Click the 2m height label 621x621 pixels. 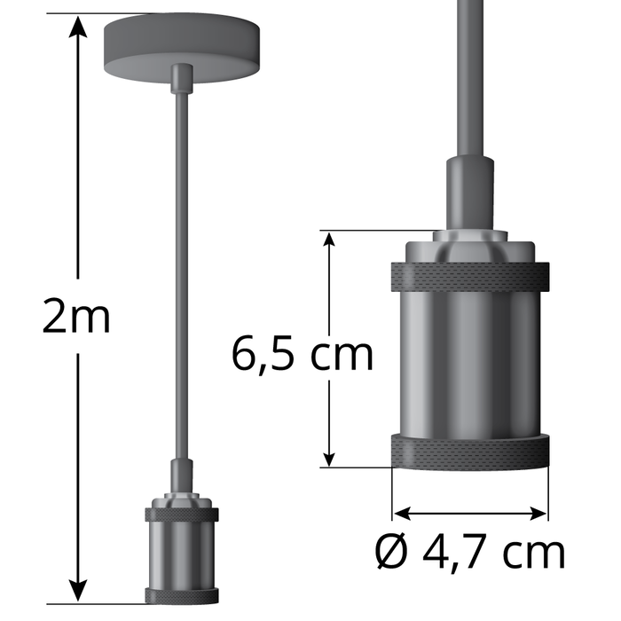pyautogui.click(x=77, y=318)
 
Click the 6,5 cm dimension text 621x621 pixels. pyautogui.click(x=302, y=354)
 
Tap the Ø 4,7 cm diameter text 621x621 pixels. pyautogui.click(x=470, y=552)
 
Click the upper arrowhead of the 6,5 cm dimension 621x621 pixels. pyautogui.click(x=329, y=242)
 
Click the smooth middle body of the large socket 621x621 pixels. pyautogui.click(x=468, y=364)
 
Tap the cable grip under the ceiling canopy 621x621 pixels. pyautogui.click(x=181, y=78)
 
